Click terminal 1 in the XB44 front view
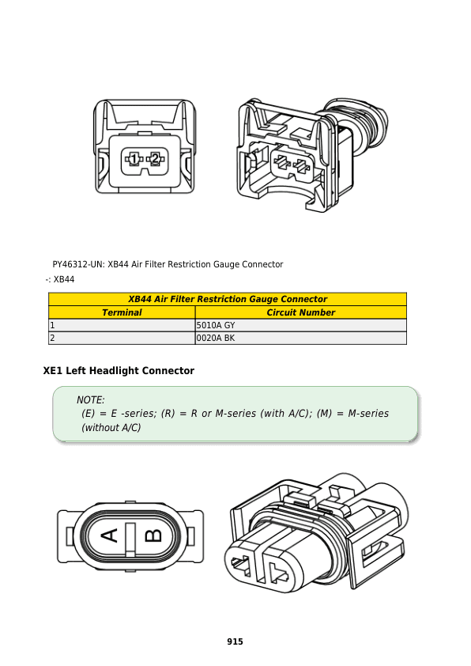(134, 159)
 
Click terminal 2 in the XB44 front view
(156, 159)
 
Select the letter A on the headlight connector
(110, 535)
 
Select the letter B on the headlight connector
(153, 535)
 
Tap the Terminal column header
(122, 312)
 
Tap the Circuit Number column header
(301, 312)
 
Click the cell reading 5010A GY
(301, 325)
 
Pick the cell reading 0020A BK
(301, 338)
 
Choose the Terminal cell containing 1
(122, 325)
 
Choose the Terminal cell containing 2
(122, 338)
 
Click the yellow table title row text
(228, 299)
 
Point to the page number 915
(235, 641)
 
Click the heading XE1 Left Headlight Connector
(119, 371)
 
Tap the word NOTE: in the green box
(90, 400)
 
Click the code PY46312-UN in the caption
(78, 265)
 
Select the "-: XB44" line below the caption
(60, 279)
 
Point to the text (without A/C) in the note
(111, 428)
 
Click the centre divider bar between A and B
(130, 539)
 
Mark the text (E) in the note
(89, 414)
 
